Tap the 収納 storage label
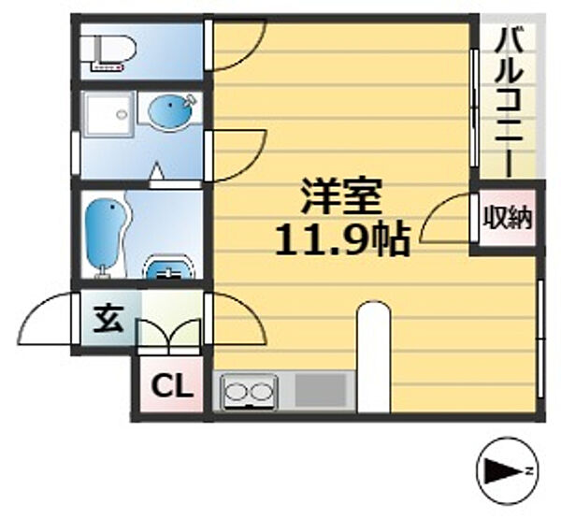click(x=507, y=219)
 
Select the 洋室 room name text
click(x=341, y=199)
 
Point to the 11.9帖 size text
click(x=341, y=242)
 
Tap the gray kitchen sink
click(x=321, y=390)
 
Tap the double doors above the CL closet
click(x=169, y=334)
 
